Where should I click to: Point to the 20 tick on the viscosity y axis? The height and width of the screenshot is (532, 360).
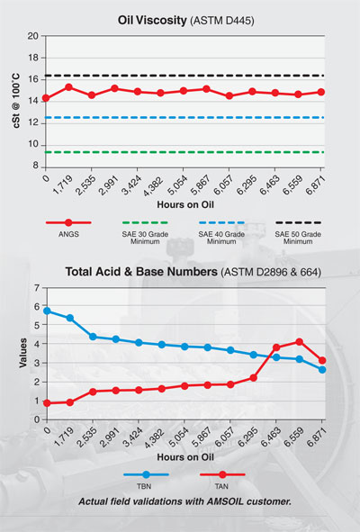[32, 37]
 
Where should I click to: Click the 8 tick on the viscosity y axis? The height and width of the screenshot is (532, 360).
[35, 166]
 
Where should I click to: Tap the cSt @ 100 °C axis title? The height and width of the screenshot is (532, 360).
[13, 101]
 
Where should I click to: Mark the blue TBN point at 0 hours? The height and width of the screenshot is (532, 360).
[47, 311]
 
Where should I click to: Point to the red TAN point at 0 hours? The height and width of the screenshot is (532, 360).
[47, 403]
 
